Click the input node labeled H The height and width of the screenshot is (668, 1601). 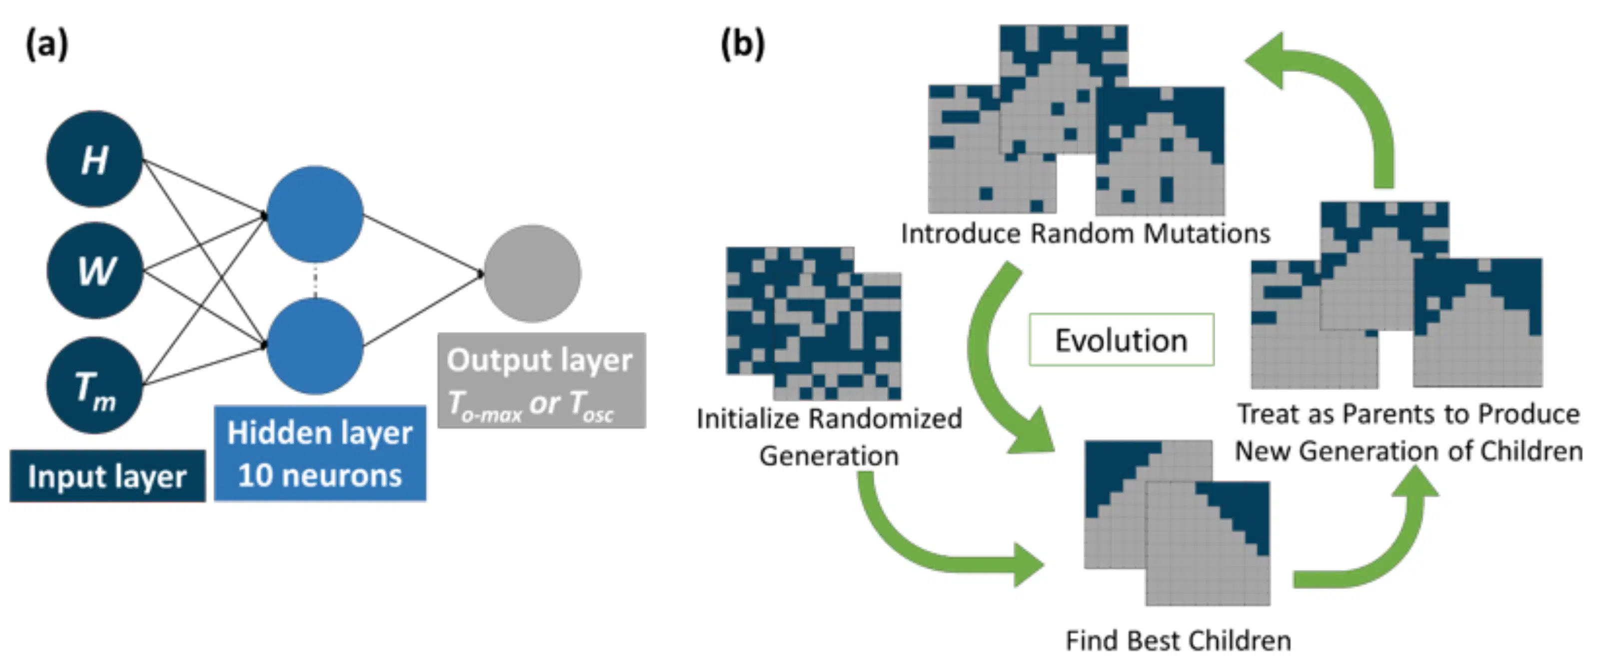[x=94, y=159]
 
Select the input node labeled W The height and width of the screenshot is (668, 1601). [x=95, y=271]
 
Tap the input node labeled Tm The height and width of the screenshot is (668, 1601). [x=95, y=385]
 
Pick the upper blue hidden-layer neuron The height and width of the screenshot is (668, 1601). [x=315, y=214]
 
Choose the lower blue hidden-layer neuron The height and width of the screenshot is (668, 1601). [x=315, y=346]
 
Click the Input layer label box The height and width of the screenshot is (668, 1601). [x=107, y=476]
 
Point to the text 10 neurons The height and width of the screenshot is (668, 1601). [x=320, y=476]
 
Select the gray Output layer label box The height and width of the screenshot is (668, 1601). [x=541, y=380]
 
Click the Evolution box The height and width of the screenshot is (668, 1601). [x=1121, y=340]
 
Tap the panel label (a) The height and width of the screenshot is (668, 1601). [x=46, y=45]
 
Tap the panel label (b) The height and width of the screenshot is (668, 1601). [x=743, y=45]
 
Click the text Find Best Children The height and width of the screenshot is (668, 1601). [x=1178, y=640]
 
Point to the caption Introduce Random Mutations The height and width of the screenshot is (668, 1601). [x=1085, y=234]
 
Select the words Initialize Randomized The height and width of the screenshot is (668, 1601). [x=829, y=418]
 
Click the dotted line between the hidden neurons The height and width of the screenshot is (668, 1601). [x=315, y=281]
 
